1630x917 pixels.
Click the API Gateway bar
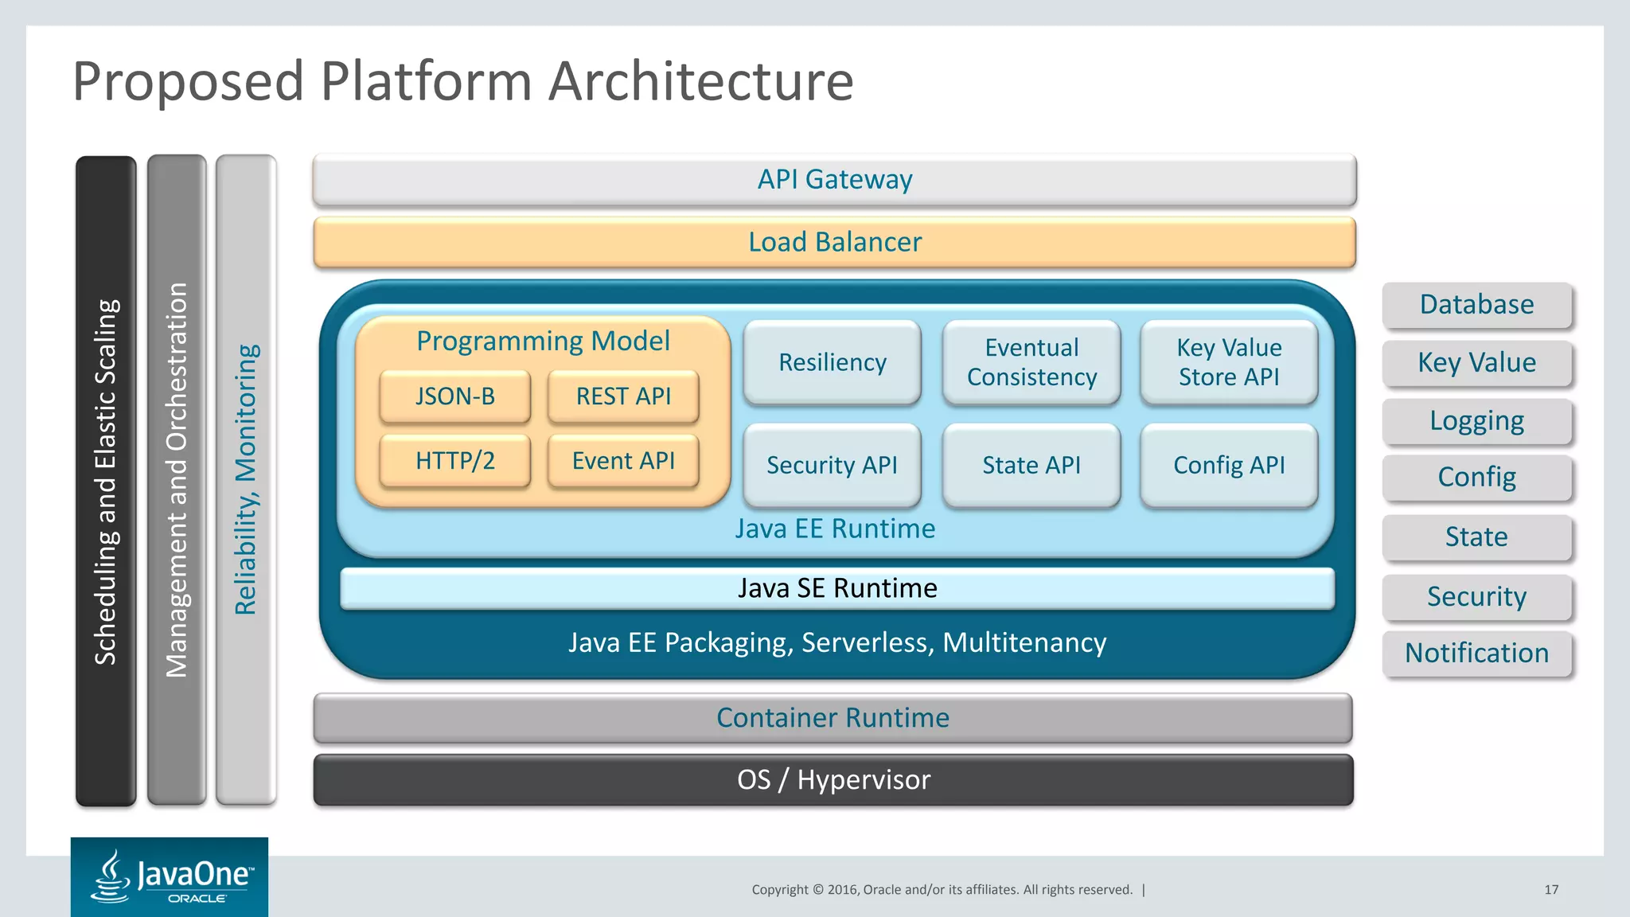point(834,180)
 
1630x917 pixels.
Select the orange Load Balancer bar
point(834,242)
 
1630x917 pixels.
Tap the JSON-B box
point(454,396)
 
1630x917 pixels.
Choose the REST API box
point(623,396)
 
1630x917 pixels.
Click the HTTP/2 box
point(454,461)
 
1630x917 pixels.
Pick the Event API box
point(623,461)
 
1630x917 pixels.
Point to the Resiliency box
point(832,362)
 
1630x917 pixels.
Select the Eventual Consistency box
point(1031,362)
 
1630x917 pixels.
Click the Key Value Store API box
point(1229,362)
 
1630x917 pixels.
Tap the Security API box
point(832,465)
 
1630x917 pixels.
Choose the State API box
point(1031,465)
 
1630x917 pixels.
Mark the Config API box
point(1229,465)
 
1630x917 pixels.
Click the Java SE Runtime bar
point(836,588)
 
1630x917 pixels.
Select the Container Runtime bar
point(833,718)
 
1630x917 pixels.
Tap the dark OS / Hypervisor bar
point(833,780)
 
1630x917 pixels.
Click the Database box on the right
point(1476,305)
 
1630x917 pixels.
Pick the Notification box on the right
point(1476,654)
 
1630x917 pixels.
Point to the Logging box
point(1476,421)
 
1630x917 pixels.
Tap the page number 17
point(1551,890)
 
